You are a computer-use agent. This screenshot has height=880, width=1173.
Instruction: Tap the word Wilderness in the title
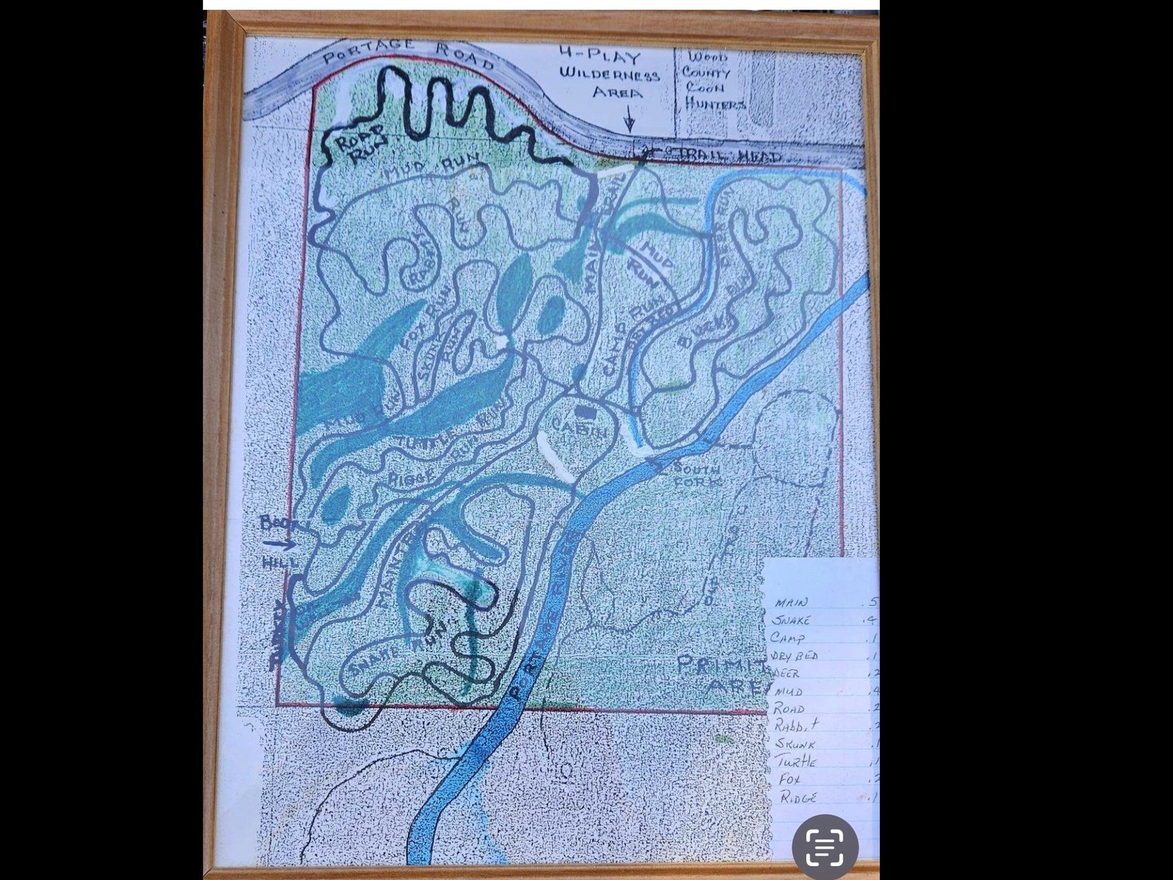609,74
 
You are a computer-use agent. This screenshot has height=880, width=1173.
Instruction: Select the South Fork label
696,475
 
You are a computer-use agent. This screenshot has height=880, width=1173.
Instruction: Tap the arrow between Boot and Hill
279,544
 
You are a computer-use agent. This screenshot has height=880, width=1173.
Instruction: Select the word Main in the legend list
791,602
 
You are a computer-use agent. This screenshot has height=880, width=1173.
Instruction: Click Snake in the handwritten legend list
791,620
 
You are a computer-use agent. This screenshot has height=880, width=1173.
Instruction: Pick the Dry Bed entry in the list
795,656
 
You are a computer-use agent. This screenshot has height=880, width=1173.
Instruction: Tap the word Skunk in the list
795,744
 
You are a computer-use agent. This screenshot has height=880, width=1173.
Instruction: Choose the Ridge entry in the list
798,797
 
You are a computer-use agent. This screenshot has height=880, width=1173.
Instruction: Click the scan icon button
825,847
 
